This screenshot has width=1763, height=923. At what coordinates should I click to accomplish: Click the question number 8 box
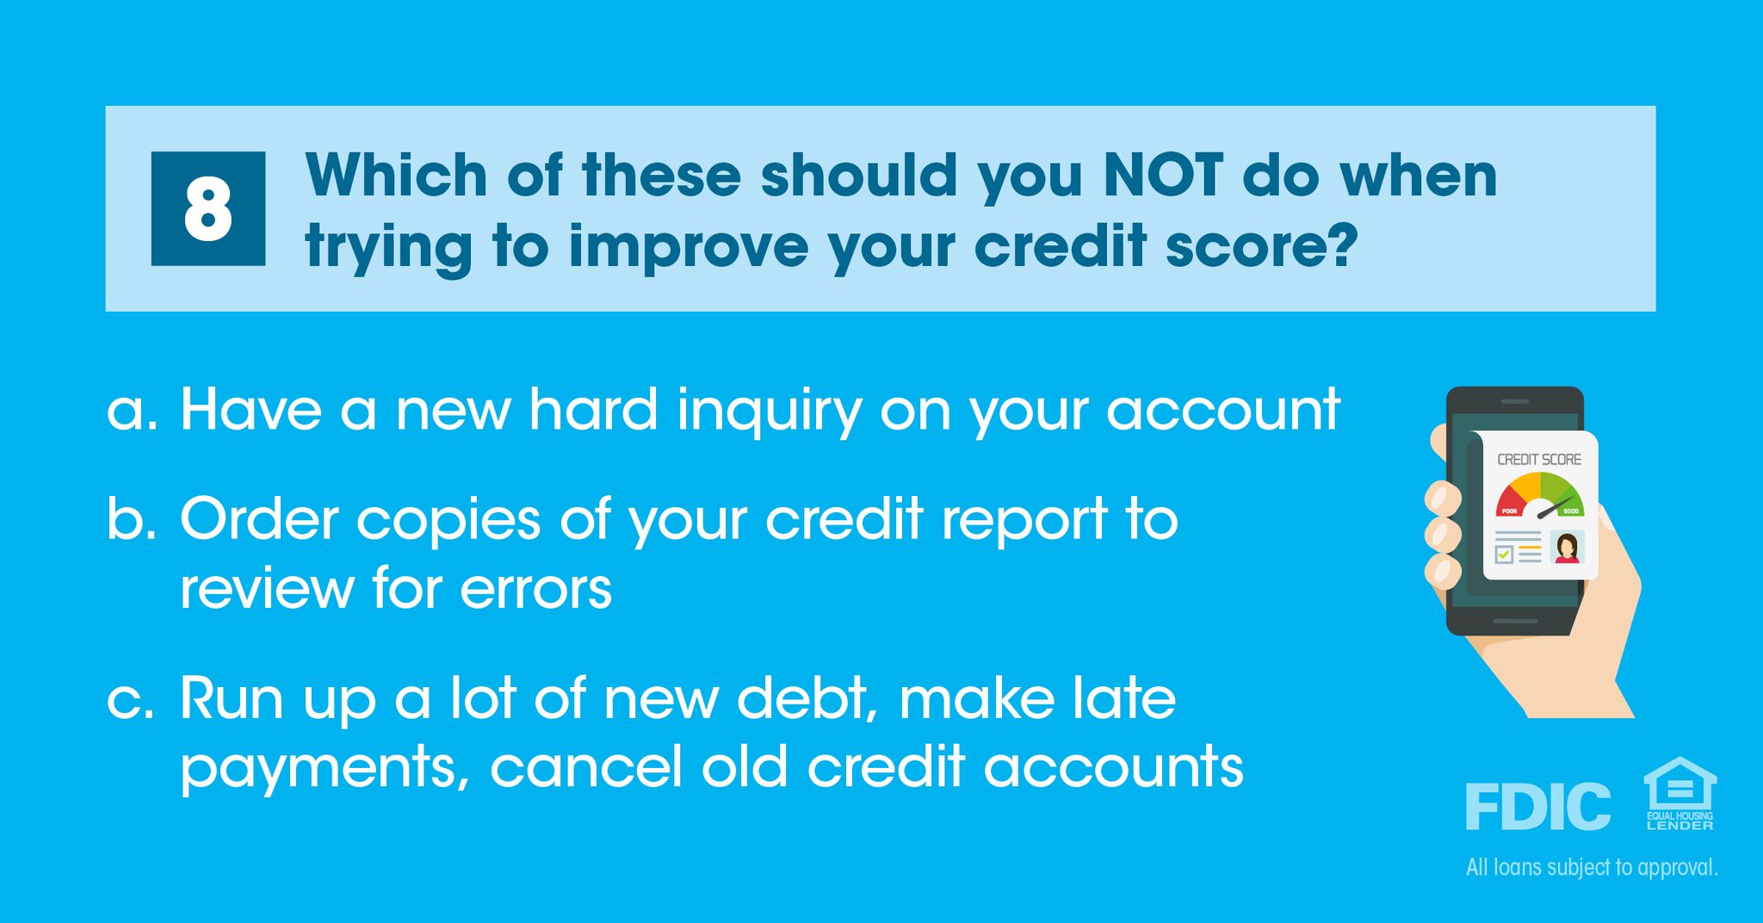point(208,208)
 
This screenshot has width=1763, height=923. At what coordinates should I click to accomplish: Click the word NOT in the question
point(1162,176)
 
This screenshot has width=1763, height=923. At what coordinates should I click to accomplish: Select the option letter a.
point(132,411)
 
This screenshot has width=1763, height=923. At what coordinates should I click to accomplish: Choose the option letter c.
point(132,701)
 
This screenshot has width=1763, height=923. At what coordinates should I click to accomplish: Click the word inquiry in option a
point(769,412)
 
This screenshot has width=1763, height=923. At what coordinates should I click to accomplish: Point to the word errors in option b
point(535,590)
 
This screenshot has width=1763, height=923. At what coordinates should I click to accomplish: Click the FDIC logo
point(1537,806)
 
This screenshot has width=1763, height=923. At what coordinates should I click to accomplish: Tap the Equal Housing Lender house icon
point(1679,793)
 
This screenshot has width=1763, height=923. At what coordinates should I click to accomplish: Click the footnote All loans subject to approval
point(1592,867)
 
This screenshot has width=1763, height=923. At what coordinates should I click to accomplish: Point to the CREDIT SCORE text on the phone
point(1539,460)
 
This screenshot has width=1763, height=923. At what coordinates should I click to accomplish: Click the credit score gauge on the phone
point(1539,494)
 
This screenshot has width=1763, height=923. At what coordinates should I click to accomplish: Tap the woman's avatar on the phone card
point(1567,548)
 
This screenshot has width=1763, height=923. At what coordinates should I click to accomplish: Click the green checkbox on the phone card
point(1504,555)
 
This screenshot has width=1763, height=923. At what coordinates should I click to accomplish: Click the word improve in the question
point(689,246)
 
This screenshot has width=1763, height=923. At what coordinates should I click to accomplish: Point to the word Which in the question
point(397,176)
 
